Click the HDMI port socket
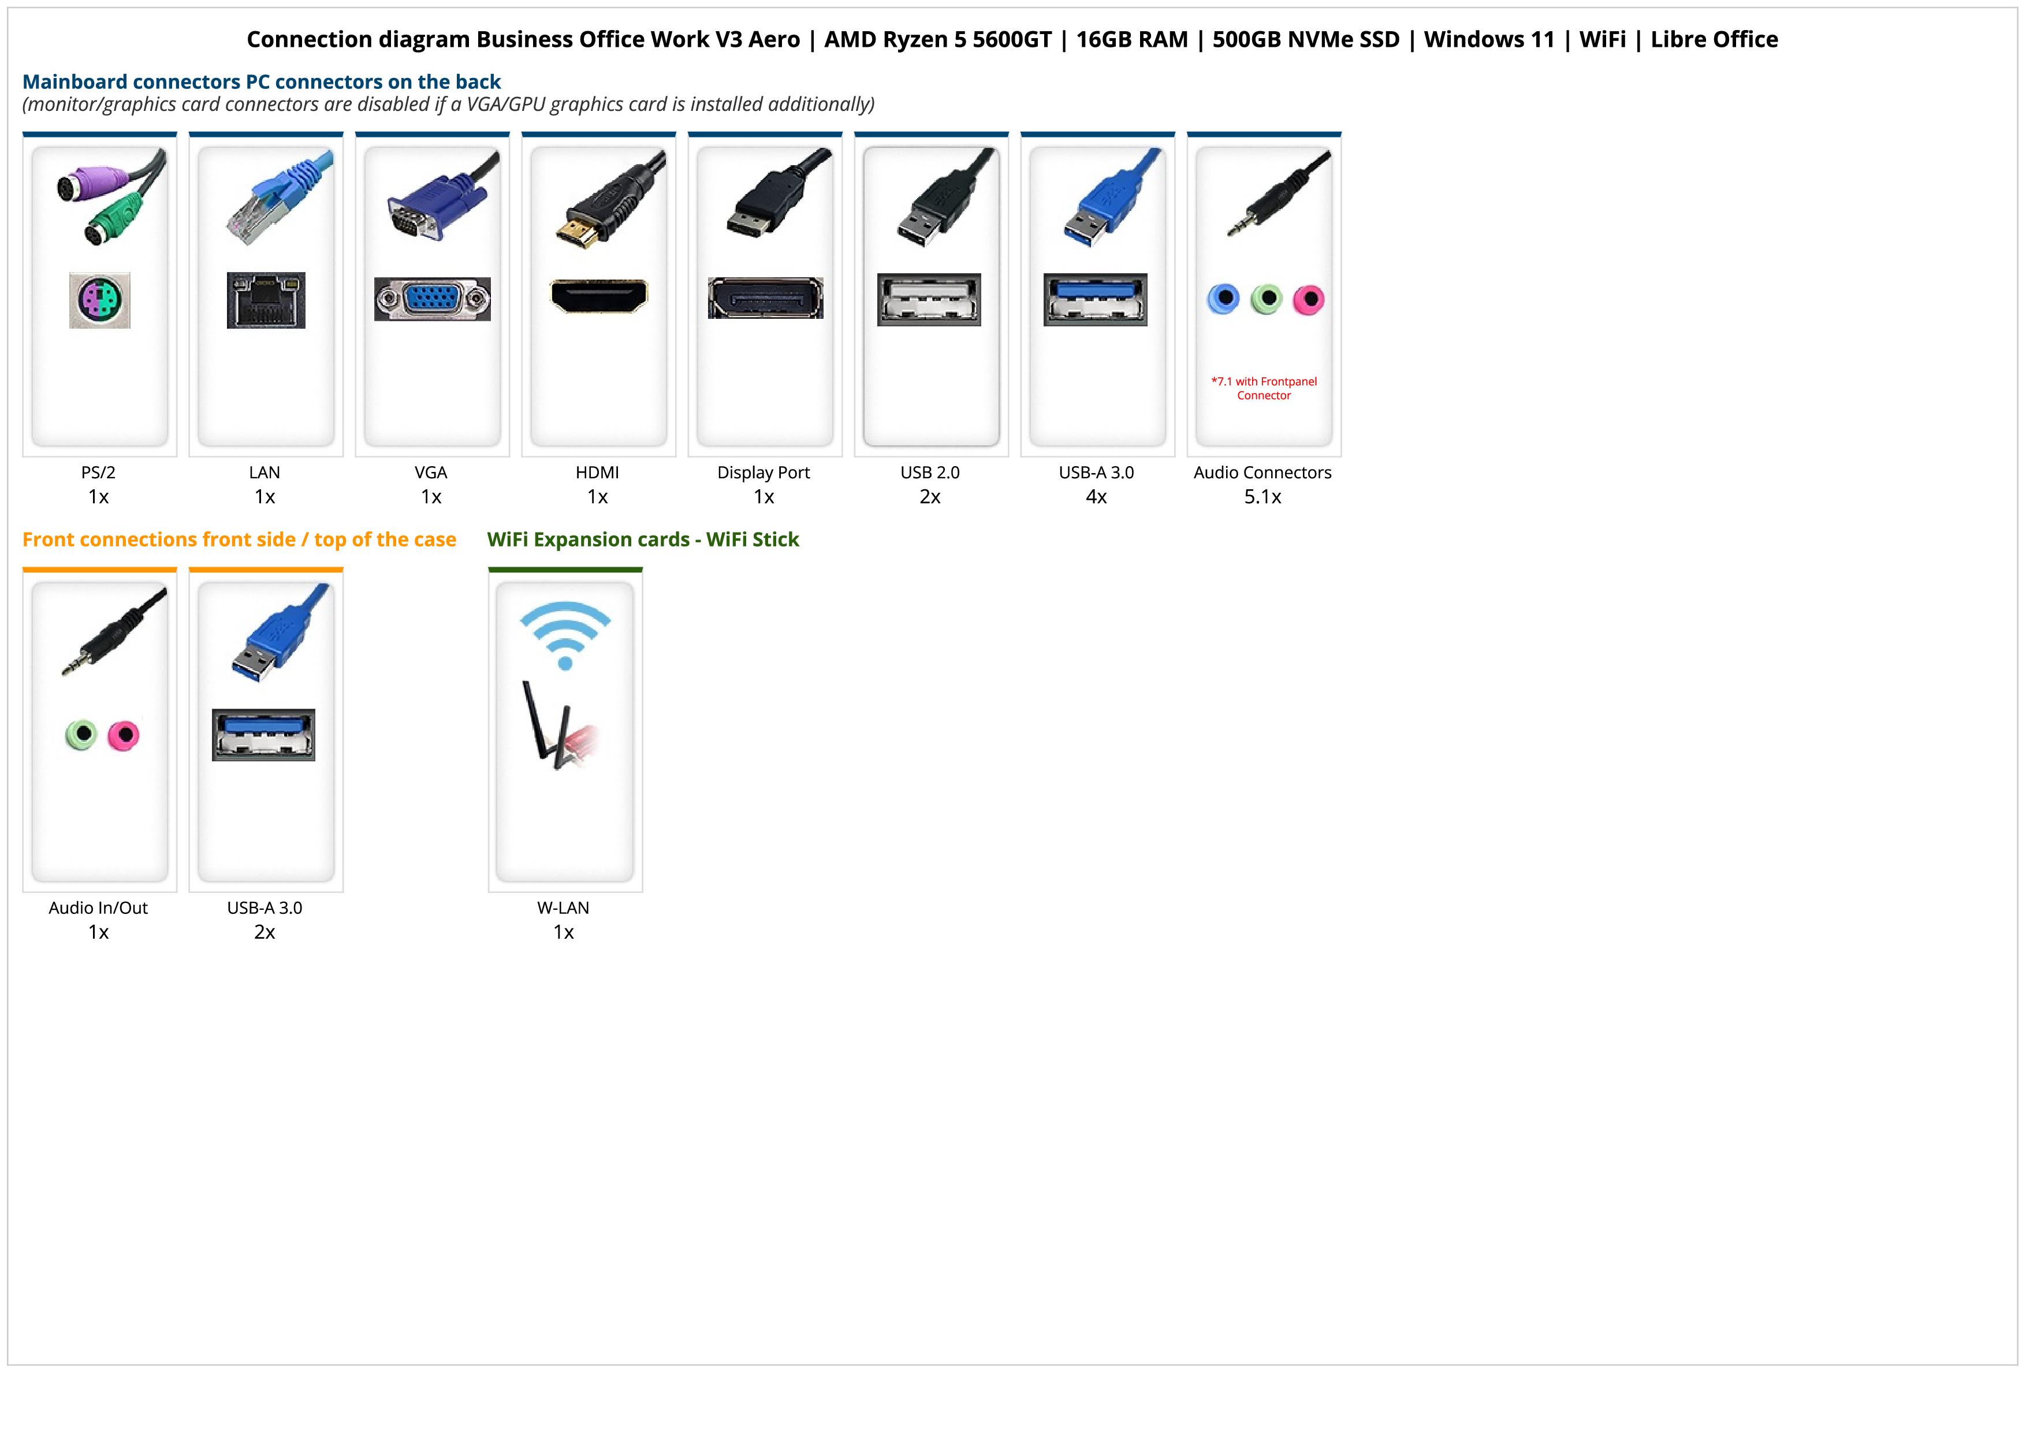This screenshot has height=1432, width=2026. tap(598, 296)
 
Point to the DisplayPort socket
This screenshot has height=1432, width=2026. tap(765, 298)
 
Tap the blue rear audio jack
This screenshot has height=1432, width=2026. tap(1223, 299)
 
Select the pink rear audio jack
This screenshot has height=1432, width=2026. tap(1309, 300)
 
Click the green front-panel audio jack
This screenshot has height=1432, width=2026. tap(81, 734)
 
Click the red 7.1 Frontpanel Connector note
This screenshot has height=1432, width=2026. tap(1264, 388)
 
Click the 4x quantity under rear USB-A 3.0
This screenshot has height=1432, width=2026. tap(1096, 497)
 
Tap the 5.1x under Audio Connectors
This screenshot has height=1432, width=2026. tap(1262, 497)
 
